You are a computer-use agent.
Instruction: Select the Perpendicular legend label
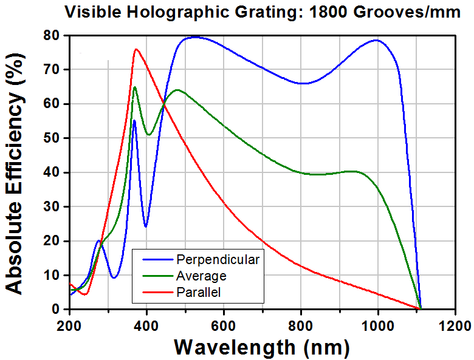point(218,260)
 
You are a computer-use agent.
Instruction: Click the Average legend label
point(201,276)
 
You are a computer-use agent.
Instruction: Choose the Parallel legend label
point(199,292)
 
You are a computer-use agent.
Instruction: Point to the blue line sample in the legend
point(158,259)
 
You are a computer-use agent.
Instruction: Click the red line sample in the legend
point(158,292)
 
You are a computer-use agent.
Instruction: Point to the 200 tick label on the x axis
point(70,326)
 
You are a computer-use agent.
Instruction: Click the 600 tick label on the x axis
point(224,326)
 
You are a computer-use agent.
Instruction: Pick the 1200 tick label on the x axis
point(456,326)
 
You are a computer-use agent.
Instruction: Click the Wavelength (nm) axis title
point(262,347)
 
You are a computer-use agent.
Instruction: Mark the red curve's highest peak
point(136,49)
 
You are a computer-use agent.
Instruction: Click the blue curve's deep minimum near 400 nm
point(146,226)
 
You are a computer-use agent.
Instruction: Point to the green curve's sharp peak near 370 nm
point(134,87)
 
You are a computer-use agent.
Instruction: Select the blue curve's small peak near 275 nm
point(98,240)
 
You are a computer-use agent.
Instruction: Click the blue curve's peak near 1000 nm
point(376,40)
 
